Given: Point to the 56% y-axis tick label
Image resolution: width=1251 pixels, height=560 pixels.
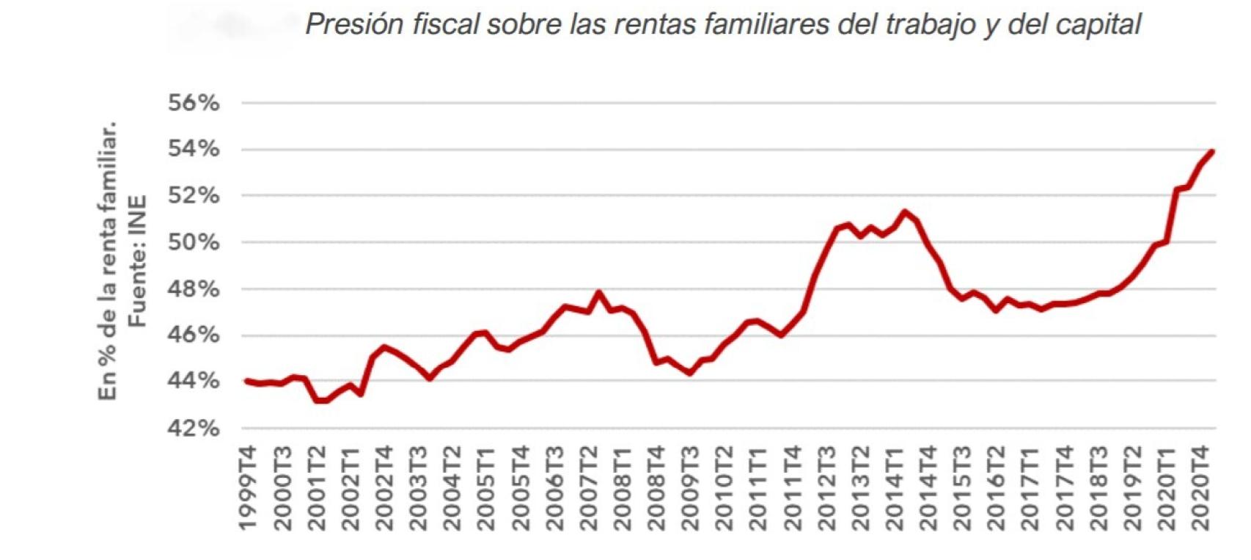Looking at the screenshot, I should tap(194, 103).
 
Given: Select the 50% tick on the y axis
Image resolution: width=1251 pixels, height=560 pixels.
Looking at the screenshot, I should tap(194, 242).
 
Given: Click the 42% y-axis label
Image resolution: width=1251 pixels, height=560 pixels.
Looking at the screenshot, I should tap(194, 428).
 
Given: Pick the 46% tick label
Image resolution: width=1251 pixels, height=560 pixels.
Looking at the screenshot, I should tap(194, 335).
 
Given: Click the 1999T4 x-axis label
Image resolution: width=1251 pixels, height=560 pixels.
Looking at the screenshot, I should tap(249, 487).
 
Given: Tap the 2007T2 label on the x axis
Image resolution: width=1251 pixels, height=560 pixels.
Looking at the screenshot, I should tap(589, 487).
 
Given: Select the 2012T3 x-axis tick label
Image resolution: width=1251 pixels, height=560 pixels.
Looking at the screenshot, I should tap(826, 487).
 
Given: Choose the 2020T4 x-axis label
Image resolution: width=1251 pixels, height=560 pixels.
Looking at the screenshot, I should tap(1200, 487).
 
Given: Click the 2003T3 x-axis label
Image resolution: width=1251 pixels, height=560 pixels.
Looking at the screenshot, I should tap(419, 487).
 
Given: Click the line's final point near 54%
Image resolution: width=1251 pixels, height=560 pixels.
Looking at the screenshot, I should tap(1212, 152).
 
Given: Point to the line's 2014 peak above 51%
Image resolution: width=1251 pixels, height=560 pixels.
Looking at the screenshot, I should tap(905, 212).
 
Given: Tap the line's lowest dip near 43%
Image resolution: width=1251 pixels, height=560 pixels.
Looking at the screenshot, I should tap(320, 401).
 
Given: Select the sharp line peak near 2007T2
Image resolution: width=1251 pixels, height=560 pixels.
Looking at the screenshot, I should tap(599, 293).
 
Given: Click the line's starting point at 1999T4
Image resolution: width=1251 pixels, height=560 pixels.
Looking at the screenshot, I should tap(247, 381).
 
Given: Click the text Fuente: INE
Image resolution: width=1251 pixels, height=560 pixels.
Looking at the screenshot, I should tap(137, 261).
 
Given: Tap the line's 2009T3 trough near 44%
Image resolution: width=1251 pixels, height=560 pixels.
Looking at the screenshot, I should tap(689, 373).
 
